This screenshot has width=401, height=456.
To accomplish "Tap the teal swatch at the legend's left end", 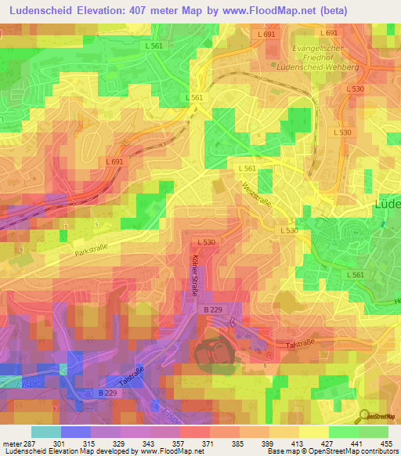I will tap(46, 432).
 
